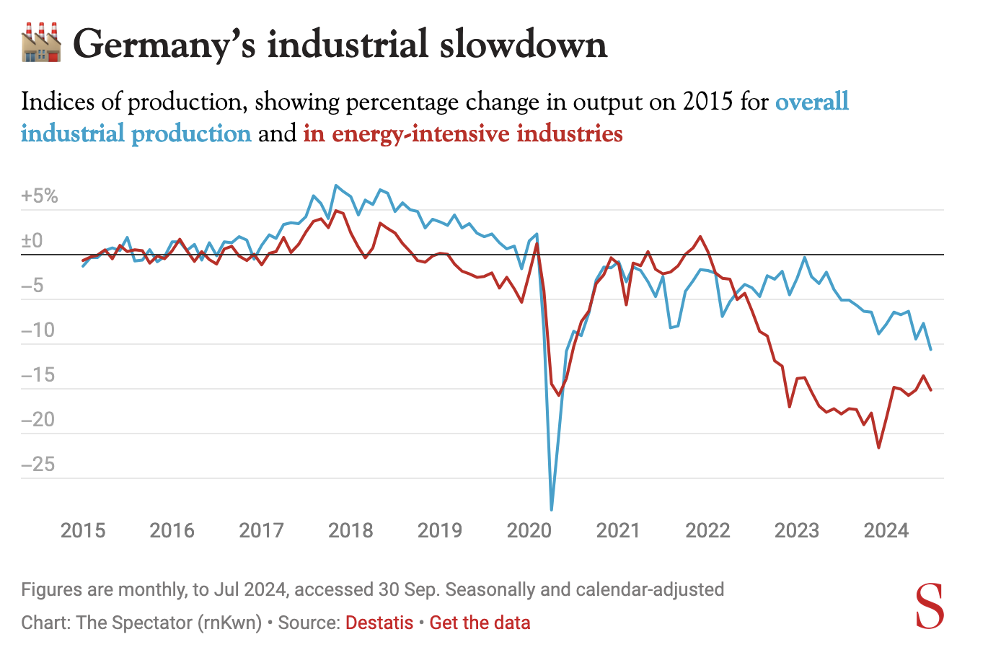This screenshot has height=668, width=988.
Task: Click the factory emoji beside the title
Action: pos(41,43)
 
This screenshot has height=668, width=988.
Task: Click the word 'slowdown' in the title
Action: pos(523,45)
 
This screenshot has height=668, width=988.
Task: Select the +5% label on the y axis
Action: pos(40,196)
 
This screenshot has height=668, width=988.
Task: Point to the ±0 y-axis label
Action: pos(32,241)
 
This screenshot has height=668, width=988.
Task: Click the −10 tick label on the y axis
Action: pos(38,330)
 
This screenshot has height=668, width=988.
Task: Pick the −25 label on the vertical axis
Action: pos(38,464)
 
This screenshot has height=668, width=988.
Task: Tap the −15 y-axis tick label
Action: pos(38,375)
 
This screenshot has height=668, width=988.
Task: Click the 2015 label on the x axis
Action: pos(83,531)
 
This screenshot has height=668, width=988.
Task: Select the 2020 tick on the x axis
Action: pos(529,531)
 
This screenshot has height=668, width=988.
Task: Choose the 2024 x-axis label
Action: pos(886,531)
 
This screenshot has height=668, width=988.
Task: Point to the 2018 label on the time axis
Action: pos(350,531)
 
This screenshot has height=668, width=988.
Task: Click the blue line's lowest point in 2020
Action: pos(552,509)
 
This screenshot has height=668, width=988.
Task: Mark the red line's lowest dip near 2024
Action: pos(878,448)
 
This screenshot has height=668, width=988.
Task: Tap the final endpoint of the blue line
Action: pos(930,350)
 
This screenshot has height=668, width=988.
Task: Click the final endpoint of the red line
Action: pos(930,390)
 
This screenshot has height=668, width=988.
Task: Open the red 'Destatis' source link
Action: pos(379,623)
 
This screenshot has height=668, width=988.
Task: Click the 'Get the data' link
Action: pos(480,623)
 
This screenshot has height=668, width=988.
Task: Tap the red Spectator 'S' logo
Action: pos(930,607)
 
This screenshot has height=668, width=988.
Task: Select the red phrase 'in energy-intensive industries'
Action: pos(462,134)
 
